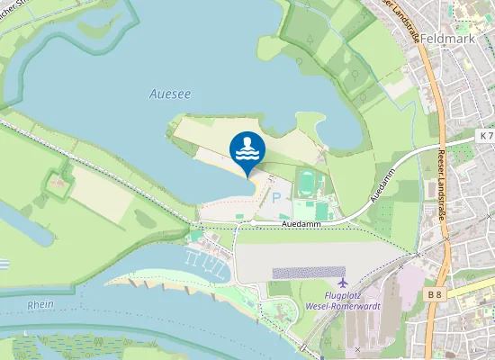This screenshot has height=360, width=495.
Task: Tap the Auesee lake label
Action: click(x=169, y=93)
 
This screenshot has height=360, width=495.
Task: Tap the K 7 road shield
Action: click(x=486, y=135)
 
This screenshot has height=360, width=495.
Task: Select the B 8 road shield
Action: click(x=436, y=294)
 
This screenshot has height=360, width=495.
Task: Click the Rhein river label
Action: click(x=40, y=304)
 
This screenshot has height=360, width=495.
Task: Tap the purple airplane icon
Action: click(x=337, y=273)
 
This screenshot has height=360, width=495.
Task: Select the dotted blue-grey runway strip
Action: click(x=308, y=272)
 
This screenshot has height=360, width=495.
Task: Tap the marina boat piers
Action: click(x=202, y=260)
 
